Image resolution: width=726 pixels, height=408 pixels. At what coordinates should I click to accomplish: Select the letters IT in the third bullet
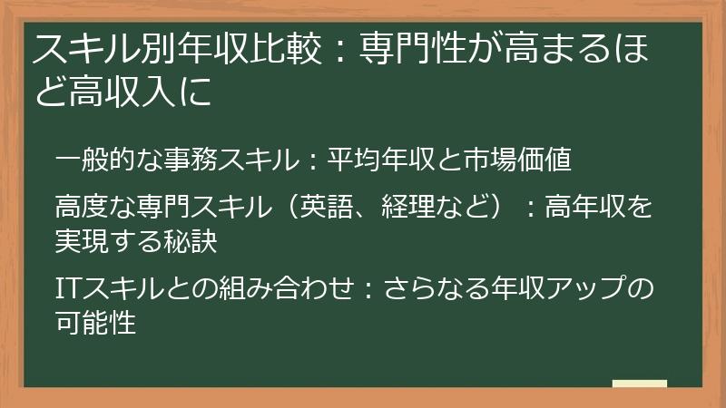67,287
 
